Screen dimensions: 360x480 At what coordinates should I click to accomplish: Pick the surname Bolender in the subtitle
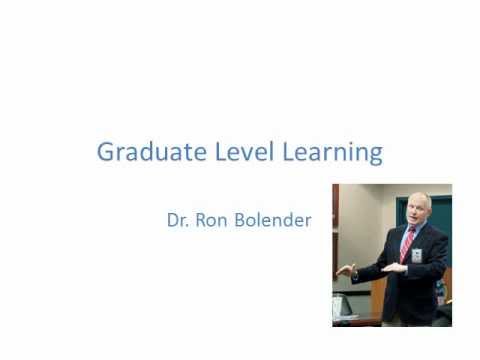tap(273, 220)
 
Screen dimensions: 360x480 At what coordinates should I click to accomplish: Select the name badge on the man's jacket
tap(416, 255)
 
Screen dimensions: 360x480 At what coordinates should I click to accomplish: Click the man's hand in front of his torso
tap(393, 268)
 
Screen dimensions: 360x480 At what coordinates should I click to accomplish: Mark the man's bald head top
tap(420, 197)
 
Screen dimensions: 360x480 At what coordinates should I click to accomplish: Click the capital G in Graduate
tap(107, 152)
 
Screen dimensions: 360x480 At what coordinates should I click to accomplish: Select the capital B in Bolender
tap(245, 220)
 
